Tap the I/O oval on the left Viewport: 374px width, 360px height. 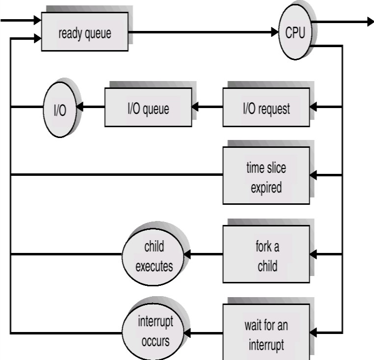pos(59,109)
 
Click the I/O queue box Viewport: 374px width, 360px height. pos(148,108)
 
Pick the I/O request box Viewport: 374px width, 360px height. pos(266,108)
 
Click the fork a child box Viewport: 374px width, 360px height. pos(266,255)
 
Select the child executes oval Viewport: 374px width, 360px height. pos(154,255)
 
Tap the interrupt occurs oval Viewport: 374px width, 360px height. pos(154,333)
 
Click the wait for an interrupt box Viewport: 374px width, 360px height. pos(266,334)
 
